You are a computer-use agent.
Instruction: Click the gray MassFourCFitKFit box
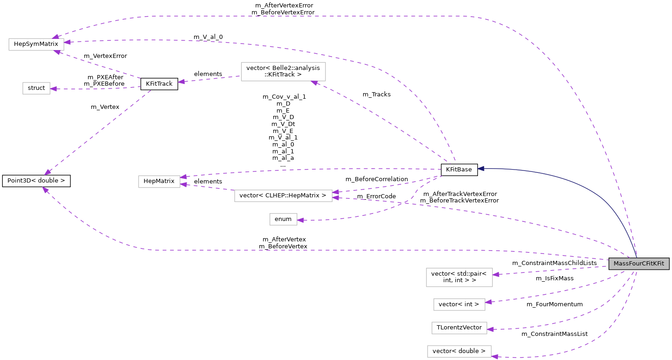tap(639, 264)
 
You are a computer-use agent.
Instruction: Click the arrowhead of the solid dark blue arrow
tap(481, 169)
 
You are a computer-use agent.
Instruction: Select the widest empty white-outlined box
tap(283, 196)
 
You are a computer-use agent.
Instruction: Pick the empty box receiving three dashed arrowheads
tap(36, 44)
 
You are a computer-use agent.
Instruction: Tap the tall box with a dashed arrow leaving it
tap(283, 72)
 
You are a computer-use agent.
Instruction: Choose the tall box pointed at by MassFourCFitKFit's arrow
tap(459, 278)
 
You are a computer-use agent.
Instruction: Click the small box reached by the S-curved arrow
tap(283, 220)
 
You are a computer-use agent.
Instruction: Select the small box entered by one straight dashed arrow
tap(36, 88)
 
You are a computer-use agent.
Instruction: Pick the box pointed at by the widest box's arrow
tap(159, 182)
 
